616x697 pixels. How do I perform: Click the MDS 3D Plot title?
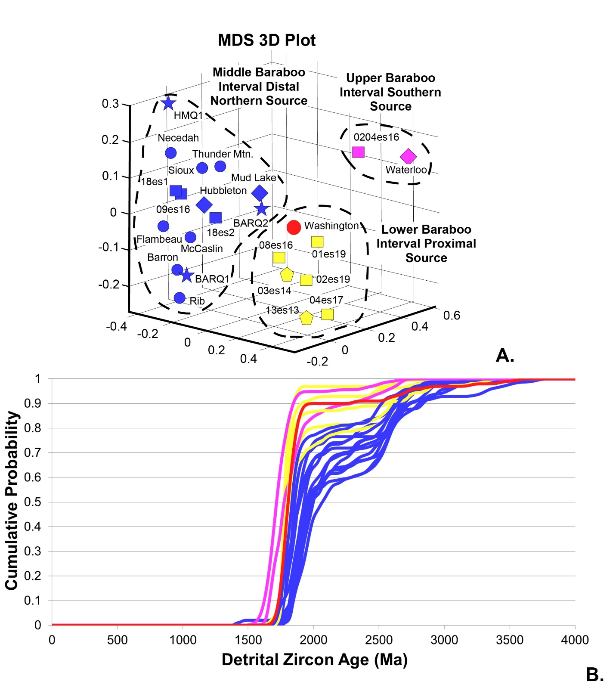[x=266, y=40]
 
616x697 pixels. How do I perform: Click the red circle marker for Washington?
[x=294, y=227]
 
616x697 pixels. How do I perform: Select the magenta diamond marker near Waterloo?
[x=408, y=157]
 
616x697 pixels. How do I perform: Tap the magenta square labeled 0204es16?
[x=358, y=152]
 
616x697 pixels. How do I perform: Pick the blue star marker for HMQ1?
[x=168, y=103]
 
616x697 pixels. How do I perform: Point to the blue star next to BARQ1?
[x=186, y=275]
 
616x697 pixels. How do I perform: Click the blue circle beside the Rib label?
[x=180, y=298]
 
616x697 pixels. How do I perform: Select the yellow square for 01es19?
[x=317, y=242]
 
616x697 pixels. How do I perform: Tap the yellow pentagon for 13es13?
[x=306, y=318]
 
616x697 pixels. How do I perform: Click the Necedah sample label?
[x=178, y=138]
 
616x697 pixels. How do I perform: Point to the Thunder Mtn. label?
[x=223, y=154]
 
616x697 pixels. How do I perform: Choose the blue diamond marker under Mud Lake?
[x=260, y=193]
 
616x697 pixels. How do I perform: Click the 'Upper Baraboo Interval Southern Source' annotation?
[x=390, y=92]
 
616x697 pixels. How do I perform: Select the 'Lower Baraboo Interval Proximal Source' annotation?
[x=426, y=244]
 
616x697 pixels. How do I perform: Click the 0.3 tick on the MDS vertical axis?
[x=110, y=104]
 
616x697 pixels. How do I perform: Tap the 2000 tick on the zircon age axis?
[x=313, y=640]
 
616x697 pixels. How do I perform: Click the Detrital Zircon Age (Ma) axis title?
[x=314, y=660]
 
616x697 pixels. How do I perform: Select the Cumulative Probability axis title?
[x=12, y=500]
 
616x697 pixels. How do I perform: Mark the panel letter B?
[x=594, y=675]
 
